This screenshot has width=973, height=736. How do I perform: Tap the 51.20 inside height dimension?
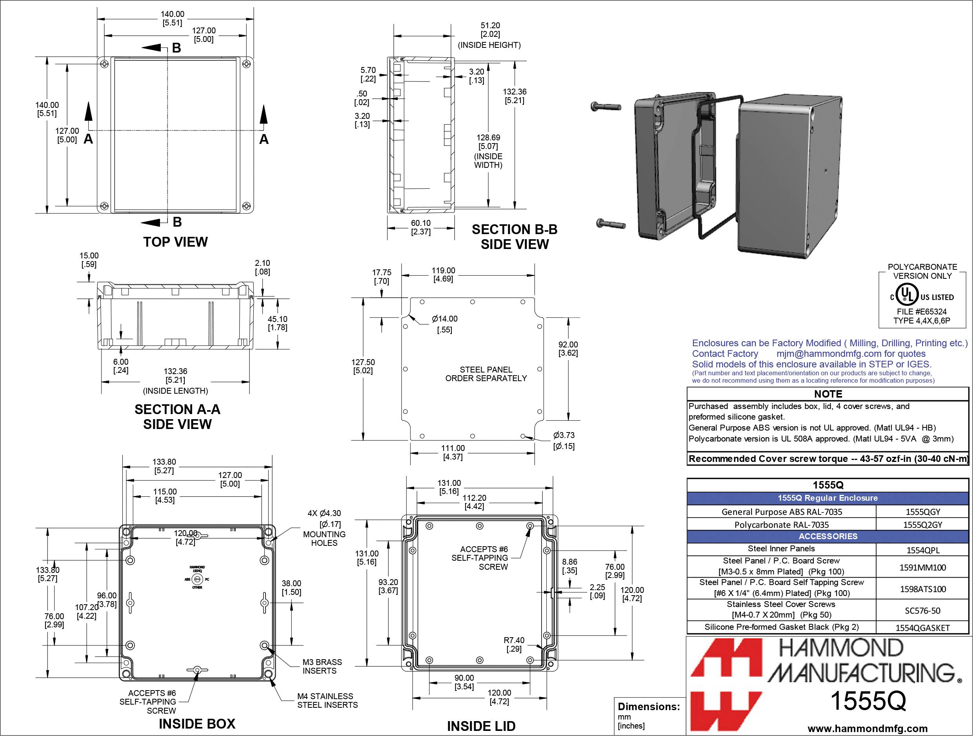pyautogui.click(x=490, y=29)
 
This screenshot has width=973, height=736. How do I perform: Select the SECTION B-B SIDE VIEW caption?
pyautogui.click(x=514, y=237)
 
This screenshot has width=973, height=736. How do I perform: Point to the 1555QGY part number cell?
pyautogui.click(x=922, y=512)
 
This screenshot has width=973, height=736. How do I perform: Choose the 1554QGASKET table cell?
pyautogui.click(x=922, y=628)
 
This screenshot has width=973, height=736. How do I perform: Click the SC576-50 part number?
pyautogui.click(x=922, y=611)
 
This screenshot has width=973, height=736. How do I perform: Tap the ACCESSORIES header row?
pyautogui.click(x=828, y=536)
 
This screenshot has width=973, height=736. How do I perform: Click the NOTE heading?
pyautogui.click(x=828, y=394)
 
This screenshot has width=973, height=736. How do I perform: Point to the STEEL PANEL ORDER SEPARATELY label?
pyautogui.click(x=486, y=374)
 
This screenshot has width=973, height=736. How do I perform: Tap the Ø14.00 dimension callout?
pyautogui.click(x=444, y=319)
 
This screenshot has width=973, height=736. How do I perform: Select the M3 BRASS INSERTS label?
pyautogui.click(x=322, y=667)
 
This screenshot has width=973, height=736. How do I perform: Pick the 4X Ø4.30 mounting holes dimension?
pyautogui.click(x=324, y=513)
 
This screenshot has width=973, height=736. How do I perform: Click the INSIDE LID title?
pyautogui.click(x=481, y=726)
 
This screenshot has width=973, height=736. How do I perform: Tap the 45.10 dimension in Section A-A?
pyautogui.click(x=277, y=323)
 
